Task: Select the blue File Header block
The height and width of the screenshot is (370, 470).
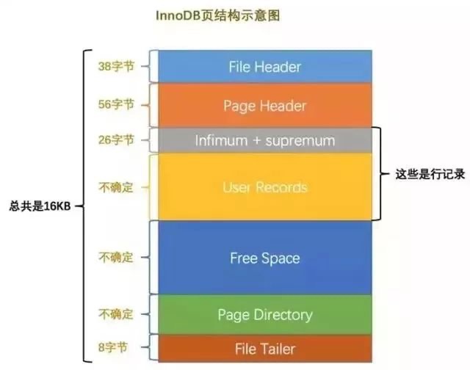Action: [x=264, y=66]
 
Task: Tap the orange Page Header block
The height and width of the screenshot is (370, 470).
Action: [x=264, y=105]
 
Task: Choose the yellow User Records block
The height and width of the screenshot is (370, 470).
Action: [x=264, y=186]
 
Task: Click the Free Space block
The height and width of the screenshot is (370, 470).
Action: [x=264, y=258]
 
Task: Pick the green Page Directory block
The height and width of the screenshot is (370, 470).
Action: [x=264, y=315]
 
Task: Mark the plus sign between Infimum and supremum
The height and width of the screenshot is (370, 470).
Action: [x=258, y=139]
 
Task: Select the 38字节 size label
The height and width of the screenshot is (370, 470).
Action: [x=117, y=66]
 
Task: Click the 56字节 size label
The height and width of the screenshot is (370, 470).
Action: [x=117, y=105]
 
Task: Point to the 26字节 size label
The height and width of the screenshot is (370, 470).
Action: [x=117, y=139]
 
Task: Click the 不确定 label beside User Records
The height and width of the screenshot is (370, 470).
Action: [x=117, y=187]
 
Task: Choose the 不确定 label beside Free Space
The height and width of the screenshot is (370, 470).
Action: [x=117, y=258]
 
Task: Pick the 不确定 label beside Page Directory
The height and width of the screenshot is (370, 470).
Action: [x=117, y=315]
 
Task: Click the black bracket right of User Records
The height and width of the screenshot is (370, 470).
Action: [x=379, y=174]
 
